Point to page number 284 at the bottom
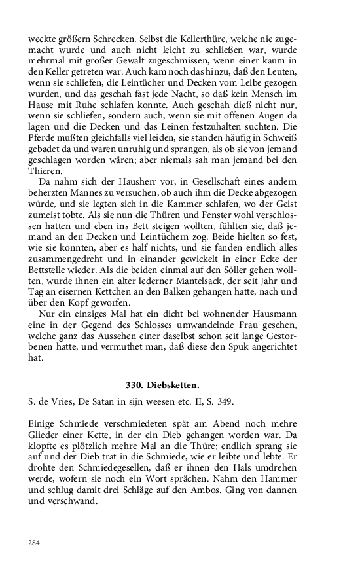point(35,543)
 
